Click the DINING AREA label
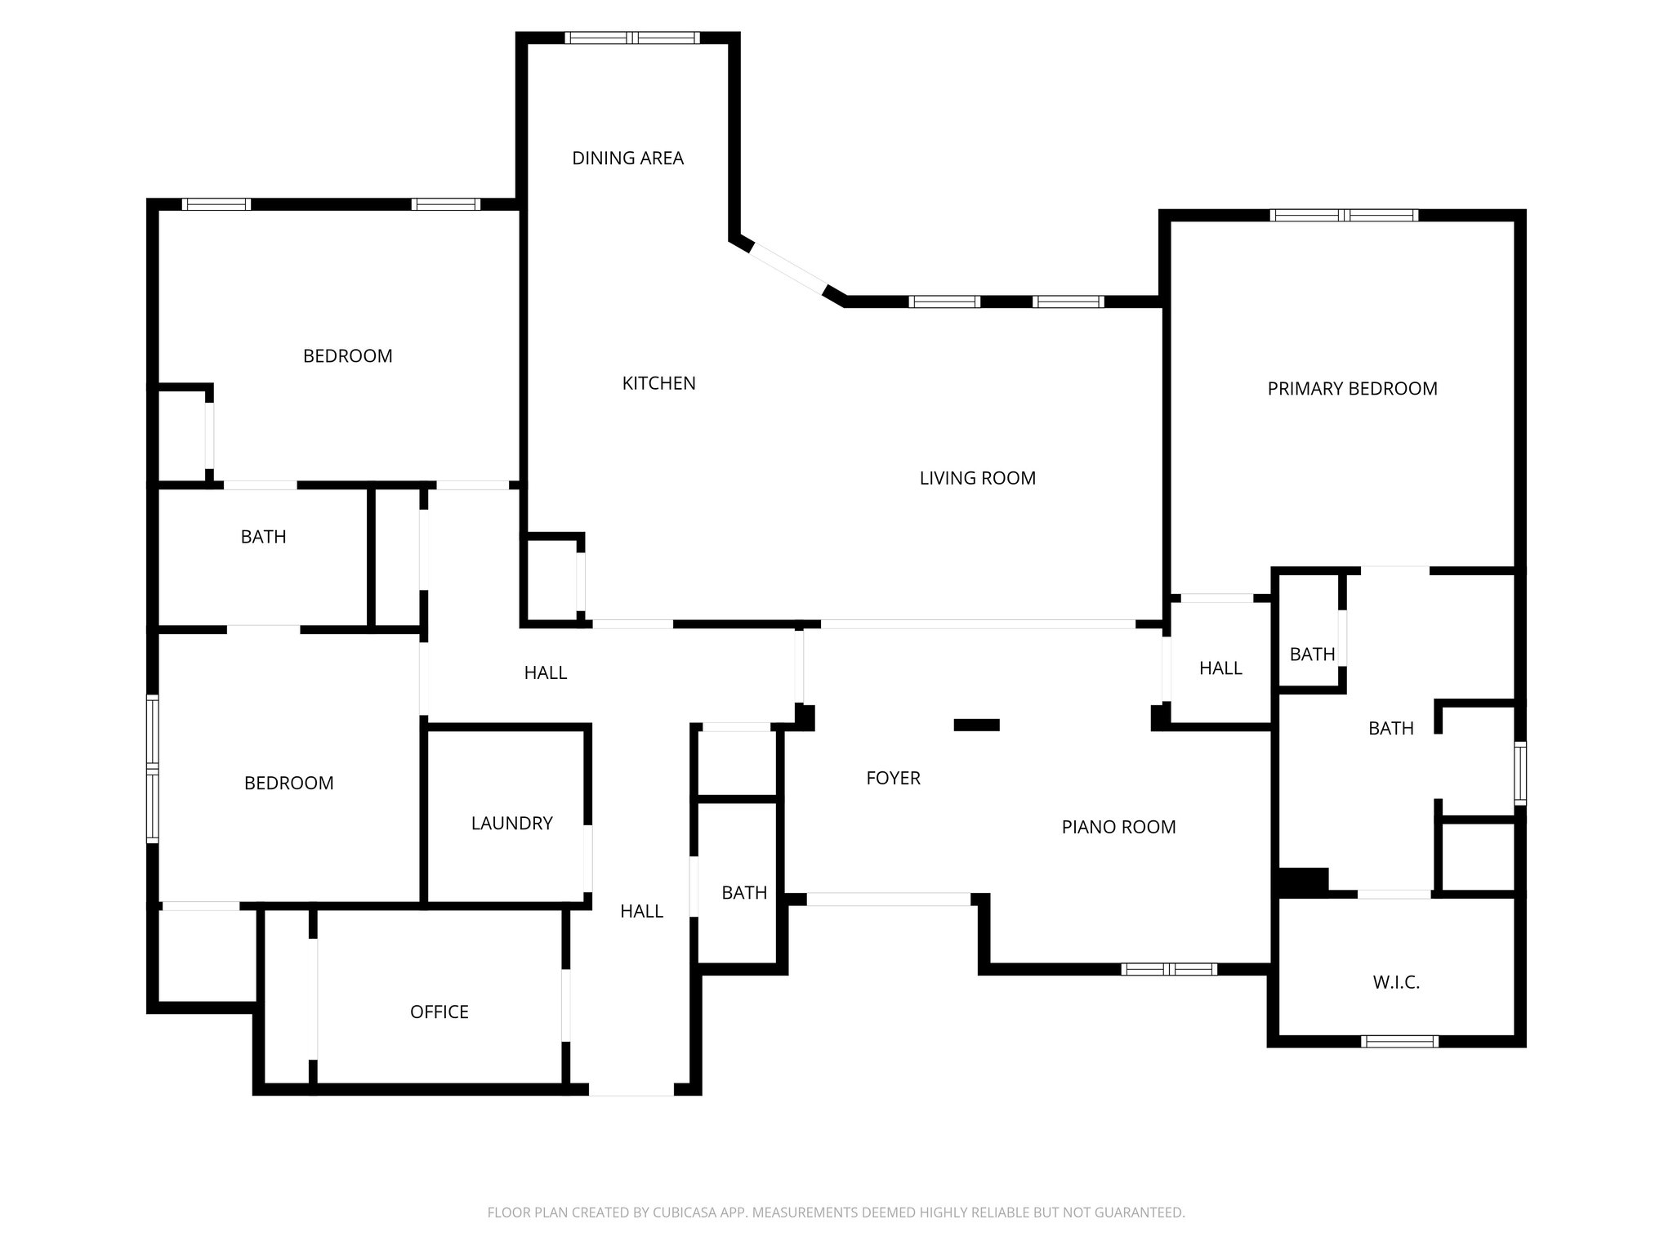point(627,159)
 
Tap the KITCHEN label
point(658,383)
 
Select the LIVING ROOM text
point(977,478)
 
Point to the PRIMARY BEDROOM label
point(1352,389)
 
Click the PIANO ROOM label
point(1118,827)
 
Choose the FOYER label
point(893,778)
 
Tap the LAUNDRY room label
point(511,823)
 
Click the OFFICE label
point(439,1012)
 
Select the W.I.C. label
point(1396,982)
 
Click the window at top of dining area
point(632,38)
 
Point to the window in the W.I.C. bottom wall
point(1399,1041)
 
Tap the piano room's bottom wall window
point(1169,969)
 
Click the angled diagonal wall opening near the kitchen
point(787,269)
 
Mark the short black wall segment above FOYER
point(976,725)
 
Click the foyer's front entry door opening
point(888,899)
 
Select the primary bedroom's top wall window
point(1344,216)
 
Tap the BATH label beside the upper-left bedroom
point(263,537)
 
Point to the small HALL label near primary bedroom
point(1220,668)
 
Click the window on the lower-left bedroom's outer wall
point(153,768)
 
